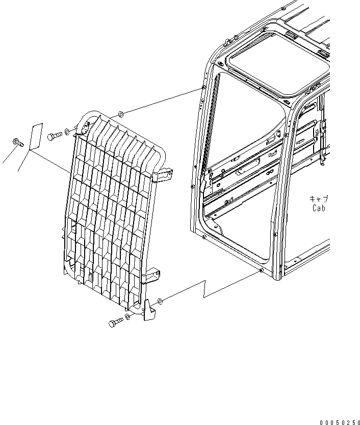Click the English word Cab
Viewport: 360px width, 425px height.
tap(319, 208)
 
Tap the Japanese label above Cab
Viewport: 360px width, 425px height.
tap(319, 199)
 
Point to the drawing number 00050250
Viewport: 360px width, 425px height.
tap(340, 422)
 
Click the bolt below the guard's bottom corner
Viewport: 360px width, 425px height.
tap(116, 322)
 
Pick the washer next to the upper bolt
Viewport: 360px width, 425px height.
tap(67, 132)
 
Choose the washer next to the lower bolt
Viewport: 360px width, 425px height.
tap(127, 316)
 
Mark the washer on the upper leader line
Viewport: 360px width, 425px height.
tap(120, 114)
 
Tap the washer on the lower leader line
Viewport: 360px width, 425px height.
tap(160, 301)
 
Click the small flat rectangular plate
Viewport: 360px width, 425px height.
tap(36, 137)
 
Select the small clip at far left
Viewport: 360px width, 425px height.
tap(18, 142)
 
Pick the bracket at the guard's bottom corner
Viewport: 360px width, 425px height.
tap(149, 310)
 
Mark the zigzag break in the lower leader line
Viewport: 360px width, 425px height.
tap(205, 289)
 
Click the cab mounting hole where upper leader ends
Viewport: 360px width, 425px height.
tap(203, 88)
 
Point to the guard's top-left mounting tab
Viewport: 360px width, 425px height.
tap(86, 126)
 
